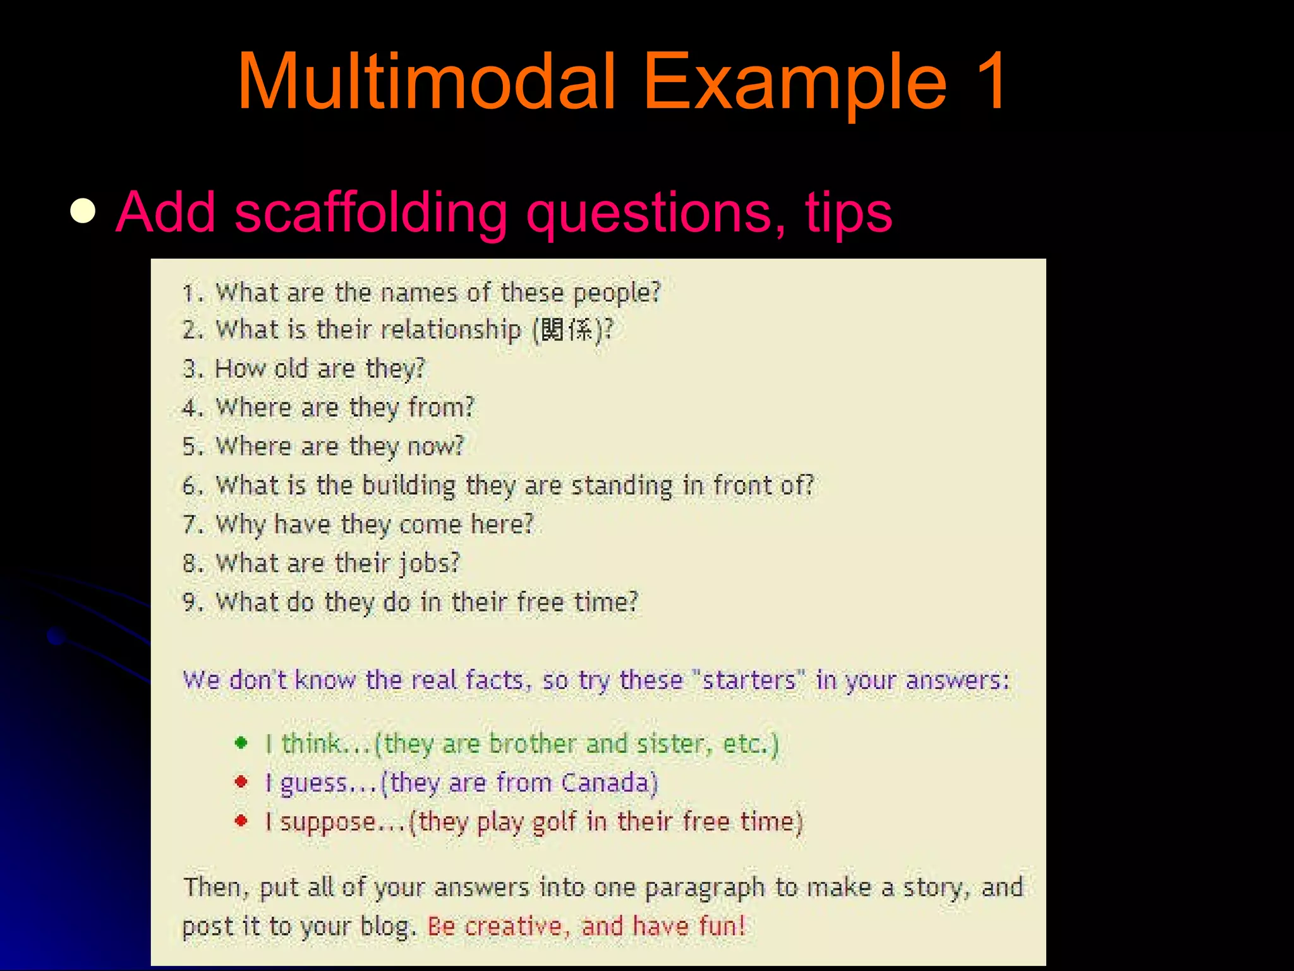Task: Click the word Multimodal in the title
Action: tap(426, 82)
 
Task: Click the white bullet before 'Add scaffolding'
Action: tap(83, 212)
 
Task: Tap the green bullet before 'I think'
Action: tap(241, 743)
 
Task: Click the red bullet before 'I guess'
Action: tap(241, 782)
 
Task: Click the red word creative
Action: tap(513, 926)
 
